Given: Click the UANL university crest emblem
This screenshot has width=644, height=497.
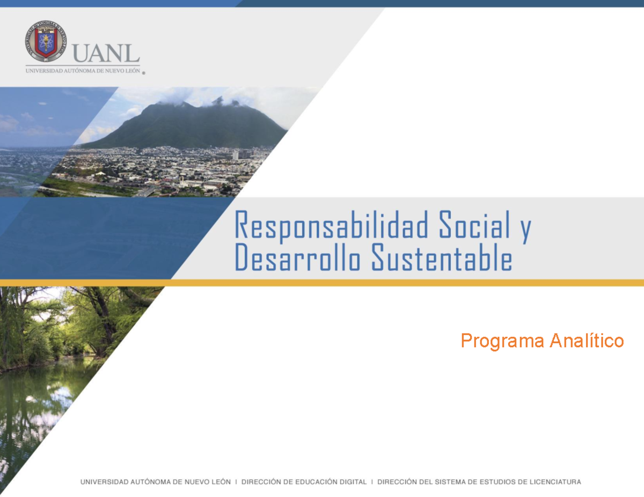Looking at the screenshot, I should tap(46, 41).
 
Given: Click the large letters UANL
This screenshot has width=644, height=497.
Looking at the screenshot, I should tap(106, 53).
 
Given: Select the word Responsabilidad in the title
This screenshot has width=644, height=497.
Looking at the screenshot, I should tap(331, 226).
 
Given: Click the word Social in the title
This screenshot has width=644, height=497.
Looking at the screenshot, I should tap(474, 226).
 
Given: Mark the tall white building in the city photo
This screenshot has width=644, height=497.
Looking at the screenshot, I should tap(235, 155).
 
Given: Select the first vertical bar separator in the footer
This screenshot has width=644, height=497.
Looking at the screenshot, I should tap(236, 482).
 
